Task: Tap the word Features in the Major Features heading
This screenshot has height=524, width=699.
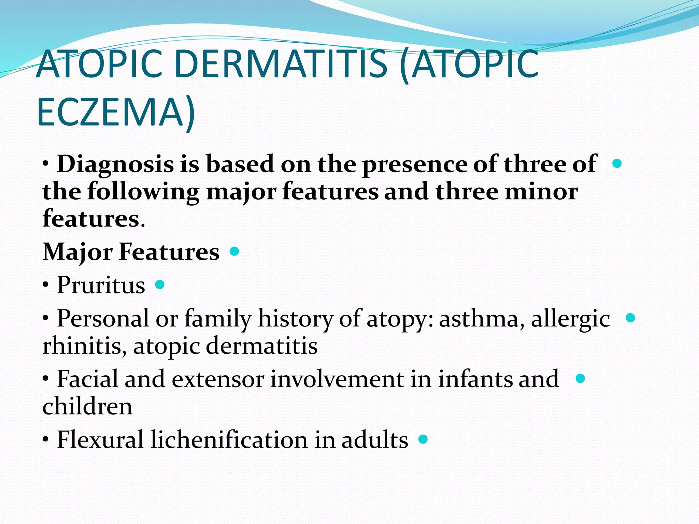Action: tap(169, 252)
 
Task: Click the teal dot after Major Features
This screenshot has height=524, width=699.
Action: tap(234, 251)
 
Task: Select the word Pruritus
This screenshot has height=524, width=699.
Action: tap(101, 285)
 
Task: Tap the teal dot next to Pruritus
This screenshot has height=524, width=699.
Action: tap(160, 284)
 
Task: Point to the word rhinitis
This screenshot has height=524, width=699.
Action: tap(85, 346)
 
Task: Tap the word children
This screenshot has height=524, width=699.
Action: tap(87, 406)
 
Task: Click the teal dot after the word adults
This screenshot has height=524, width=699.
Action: tap(423, 439)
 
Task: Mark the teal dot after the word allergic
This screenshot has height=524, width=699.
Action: tap(630, 318)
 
